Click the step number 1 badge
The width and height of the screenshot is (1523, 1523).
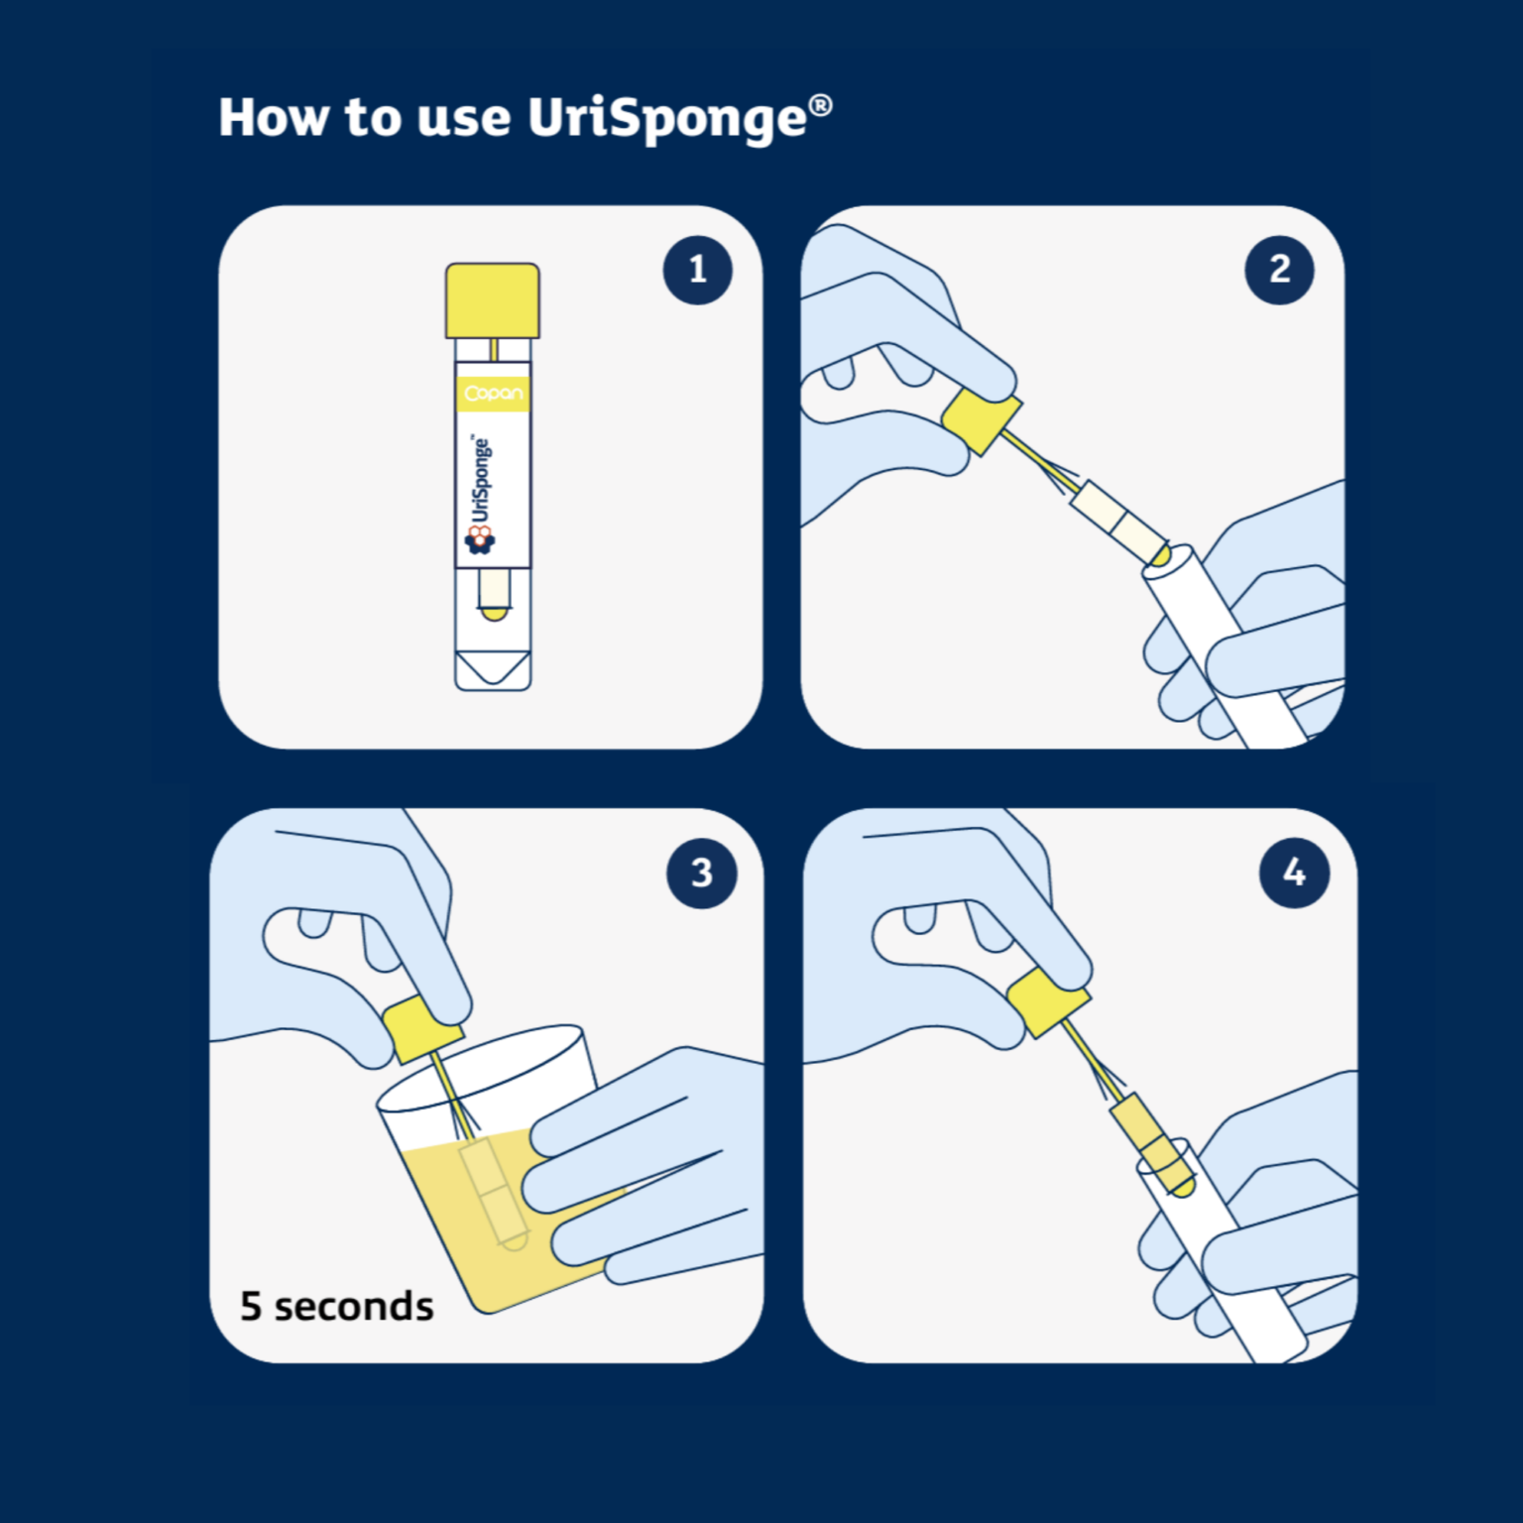pyautogui.click(x=697, y=270)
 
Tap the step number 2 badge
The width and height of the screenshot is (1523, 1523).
pyautogui.click(x=1279, y=270)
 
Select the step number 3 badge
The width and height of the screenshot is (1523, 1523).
pyautogui.click(x=702, y=874)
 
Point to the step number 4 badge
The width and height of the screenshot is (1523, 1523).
pyautogui.click(x=1294, y=874)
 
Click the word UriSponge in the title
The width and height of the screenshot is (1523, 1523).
pyautogui.click(x=666, y=119)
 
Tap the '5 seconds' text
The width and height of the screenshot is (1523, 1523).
pyautogui.click(x=337, y=1306)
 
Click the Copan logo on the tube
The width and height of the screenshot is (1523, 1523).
pyautogui.click(x=493, y=394)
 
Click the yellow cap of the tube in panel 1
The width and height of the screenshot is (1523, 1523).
pyautogui.click(x=493, y=300)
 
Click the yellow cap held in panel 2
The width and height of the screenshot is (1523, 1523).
pyautogui.click(x=982, y=419)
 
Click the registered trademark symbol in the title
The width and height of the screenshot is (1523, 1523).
pyautogui.click(x=820, y=105)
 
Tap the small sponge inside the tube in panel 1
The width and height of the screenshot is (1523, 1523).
pyautogui.click(x=493, y=594)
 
